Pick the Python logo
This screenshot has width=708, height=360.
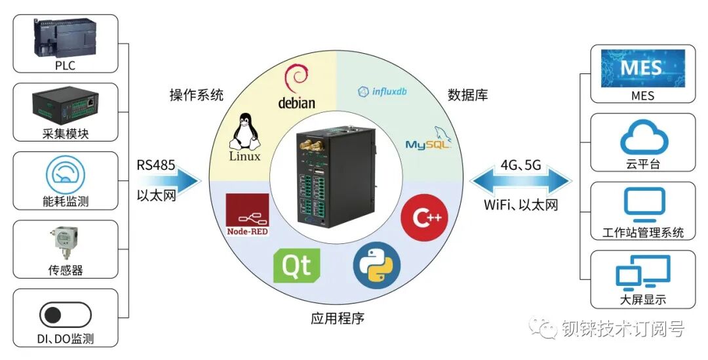click(376, 267)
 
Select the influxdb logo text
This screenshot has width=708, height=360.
click(382, 92)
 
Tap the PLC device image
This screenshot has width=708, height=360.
click(65, 38)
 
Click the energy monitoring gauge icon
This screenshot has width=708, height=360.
click(65, 174)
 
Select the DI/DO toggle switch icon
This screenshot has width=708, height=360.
click(65, 315)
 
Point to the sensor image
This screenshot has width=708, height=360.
click(65, 245)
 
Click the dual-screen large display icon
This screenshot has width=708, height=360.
click(643, 274)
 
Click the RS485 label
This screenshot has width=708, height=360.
click(156, 165)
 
